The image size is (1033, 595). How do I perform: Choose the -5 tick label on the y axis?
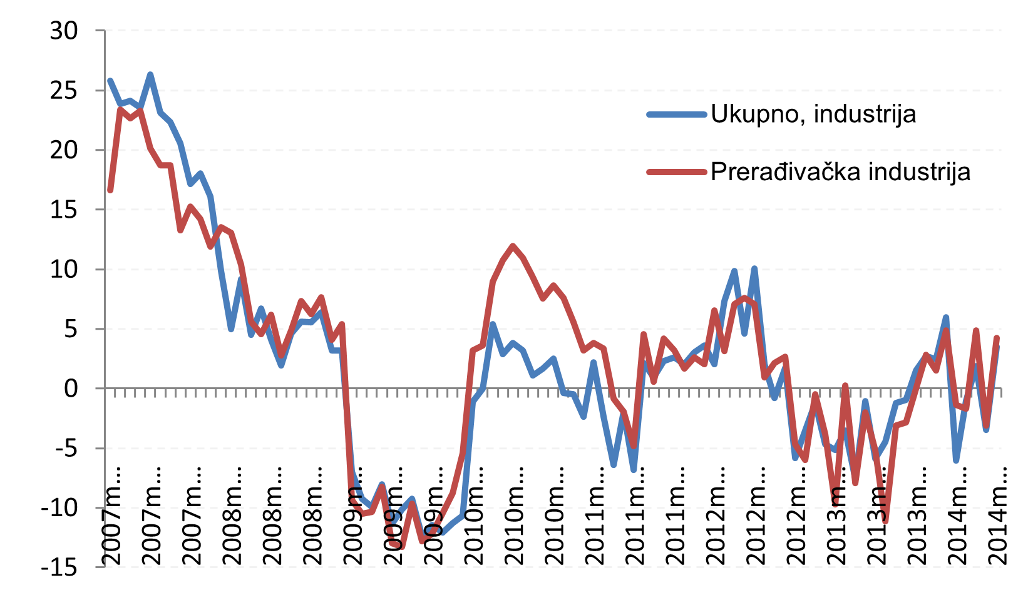[61, 449]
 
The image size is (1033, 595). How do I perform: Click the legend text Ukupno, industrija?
[813, 114]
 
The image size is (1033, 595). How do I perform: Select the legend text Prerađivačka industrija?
[840, 171]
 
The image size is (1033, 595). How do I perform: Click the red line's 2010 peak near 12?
[513, 246]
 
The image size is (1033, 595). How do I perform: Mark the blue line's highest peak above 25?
[150, 74]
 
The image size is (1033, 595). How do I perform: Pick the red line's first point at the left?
[110, 190]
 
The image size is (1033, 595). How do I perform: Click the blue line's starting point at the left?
[110, 81]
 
